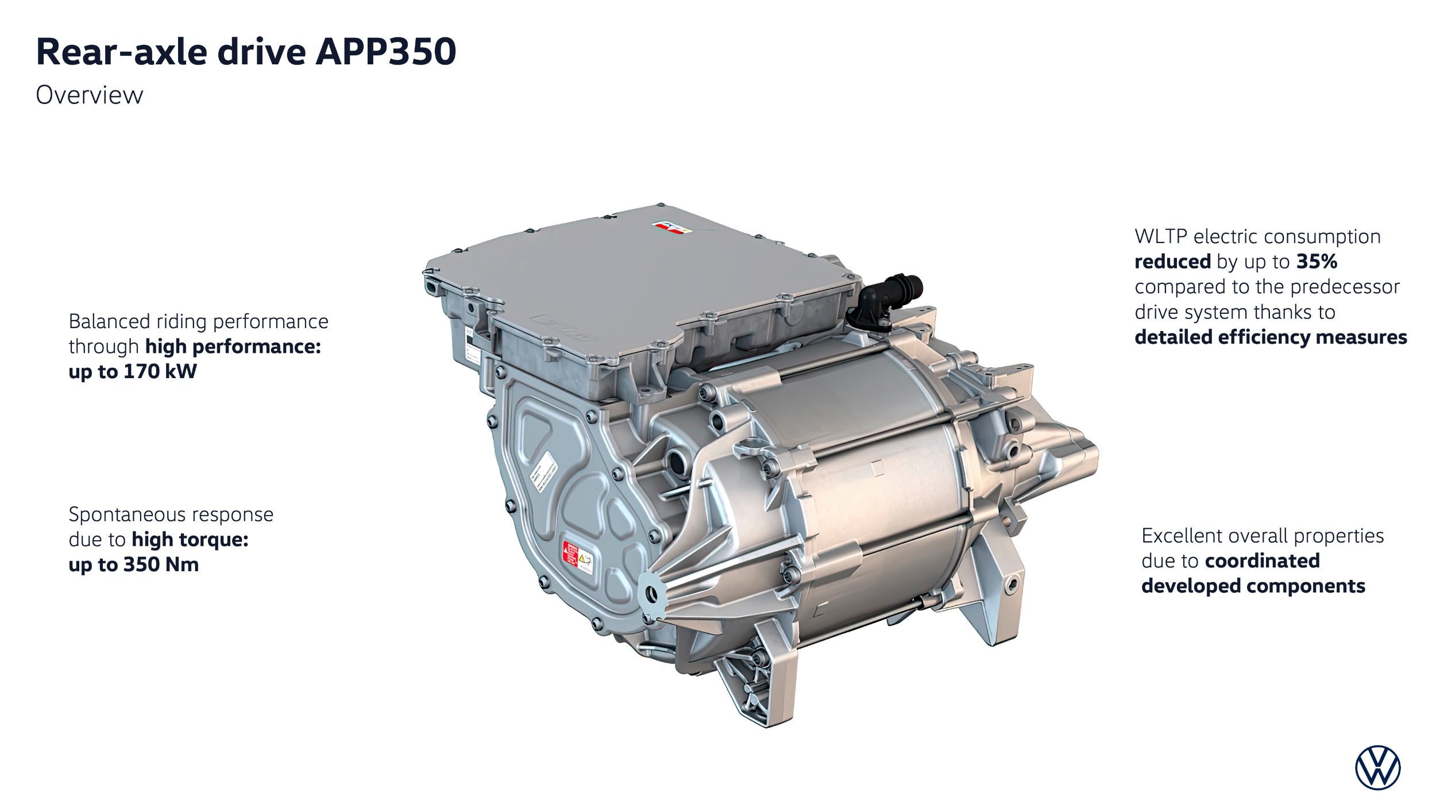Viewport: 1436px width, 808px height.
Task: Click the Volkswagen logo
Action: (x=1377, y=768)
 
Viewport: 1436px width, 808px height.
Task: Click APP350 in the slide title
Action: (x=385, y=52)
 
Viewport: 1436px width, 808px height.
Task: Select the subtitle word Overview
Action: (x=89, y=95)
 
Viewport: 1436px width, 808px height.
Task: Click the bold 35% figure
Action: (x=1317, y=262)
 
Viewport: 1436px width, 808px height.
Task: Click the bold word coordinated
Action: (x=1262, y=561)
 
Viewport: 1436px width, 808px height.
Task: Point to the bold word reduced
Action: (x=1172, y=262)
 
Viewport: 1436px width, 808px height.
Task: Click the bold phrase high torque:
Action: (x=190, y=540)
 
